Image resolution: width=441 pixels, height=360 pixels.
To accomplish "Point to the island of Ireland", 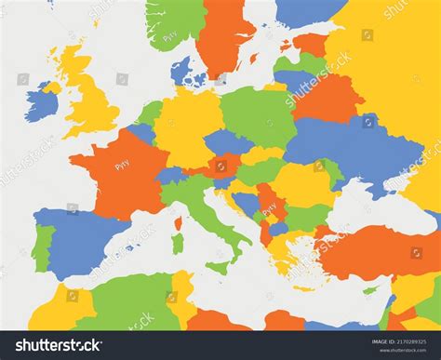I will [x=43, y=99].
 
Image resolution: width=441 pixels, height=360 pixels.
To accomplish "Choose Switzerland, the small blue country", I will [x=170, y=175].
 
